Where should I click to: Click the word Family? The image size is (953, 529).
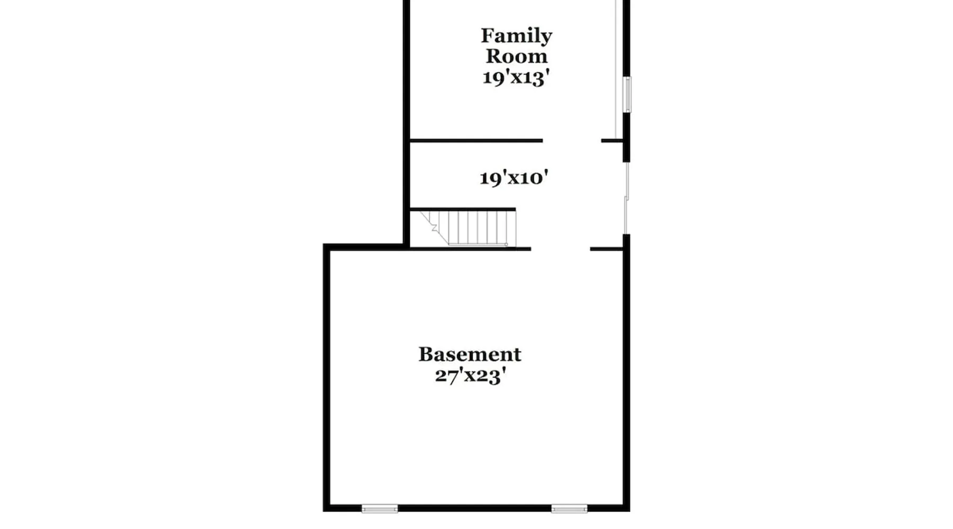516,36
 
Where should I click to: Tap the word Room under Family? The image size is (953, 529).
516,56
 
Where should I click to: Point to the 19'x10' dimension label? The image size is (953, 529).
514,178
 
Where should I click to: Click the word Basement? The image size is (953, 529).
470,354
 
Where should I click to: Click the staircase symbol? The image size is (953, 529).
468,228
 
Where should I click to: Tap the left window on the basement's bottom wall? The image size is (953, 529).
380,509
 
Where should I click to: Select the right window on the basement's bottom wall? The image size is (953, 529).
569,509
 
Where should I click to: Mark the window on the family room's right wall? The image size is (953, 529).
627,95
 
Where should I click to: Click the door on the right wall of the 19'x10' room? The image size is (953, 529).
626,198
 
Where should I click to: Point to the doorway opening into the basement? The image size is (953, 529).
561,249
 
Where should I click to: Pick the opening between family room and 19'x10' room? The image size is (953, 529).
572,141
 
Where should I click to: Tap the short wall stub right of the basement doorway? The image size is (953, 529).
607,249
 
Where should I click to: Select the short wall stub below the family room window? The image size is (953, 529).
612,141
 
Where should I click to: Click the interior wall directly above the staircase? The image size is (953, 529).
463,209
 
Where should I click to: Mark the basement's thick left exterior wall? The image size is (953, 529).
327,378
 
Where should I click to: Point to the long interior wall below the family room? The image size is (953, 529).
477,141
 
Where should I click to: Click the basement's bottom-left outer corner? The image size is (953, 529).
323,511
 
